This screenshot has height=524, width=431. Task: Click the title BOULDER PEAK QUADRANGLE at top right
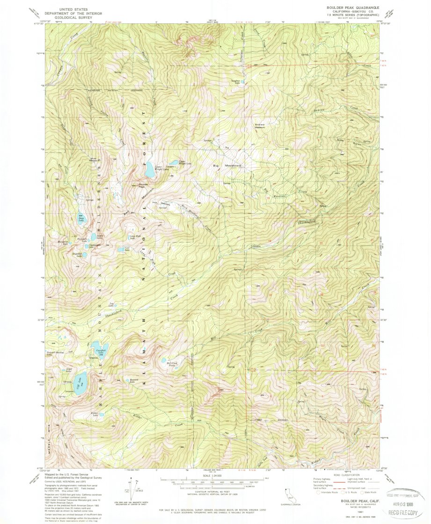(349, 8)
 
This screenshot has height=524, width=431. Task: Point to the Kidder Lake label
(96, 415)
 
